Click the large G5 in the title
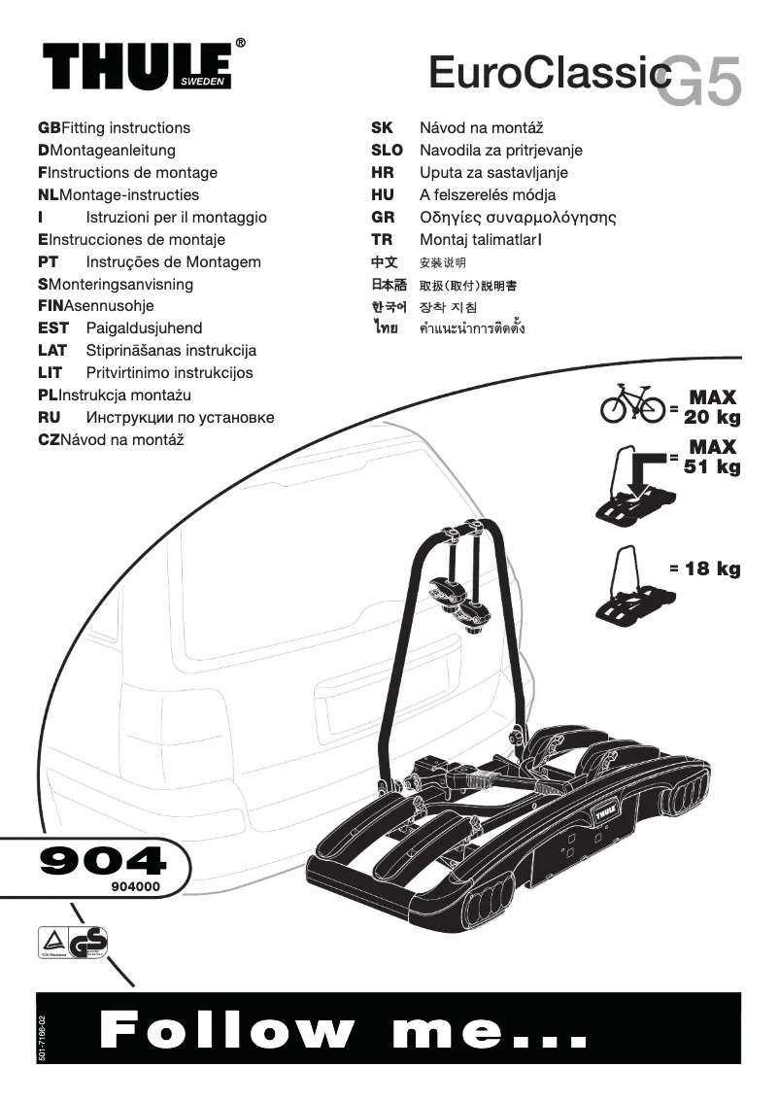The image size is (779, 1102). click(x=698, y=81)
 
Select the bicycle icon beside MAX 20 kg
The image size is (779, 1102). click(x=632, y=405)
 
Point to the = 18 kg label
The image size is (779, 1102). click(x=705, y=568)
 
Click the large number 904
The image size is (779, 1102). click(x=101, y=861)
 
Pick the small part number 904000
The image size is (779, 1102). click(x=128, y=887)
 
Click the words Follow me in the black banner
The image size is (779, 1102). click(x=344, y=1030)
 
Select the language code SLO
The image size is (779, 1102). click(x=387, y=151)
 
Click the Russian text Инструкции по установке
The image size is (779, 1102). click(x=180, y=418)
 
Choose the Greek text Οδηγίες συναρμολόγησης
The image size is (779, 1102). click(x=518, y=218)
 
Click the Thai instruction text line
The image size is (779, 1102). click(x=471, y=329)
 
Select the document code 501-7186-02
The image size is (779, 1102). click(x=41, y=1037)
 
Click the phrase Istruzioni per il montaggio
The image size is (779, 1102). click(x=176, y=218)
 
